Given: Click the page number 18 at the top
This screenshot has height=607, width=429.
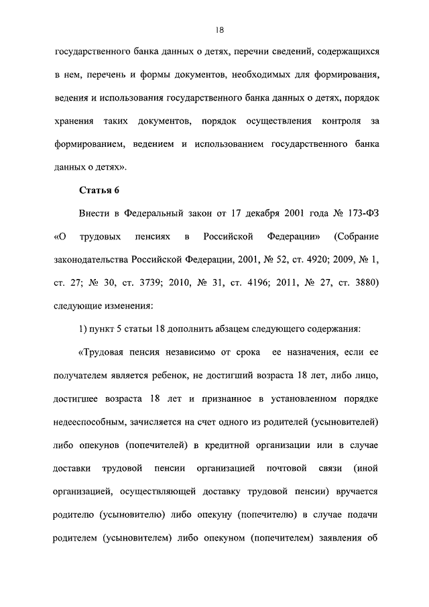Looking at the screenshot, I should point(219,30).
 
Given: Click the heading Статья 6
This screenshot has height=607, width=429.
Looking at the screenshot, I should point(99,190).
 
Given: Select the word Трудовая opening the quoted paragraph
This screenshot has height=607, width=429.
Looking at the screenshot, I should point(101,352).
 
